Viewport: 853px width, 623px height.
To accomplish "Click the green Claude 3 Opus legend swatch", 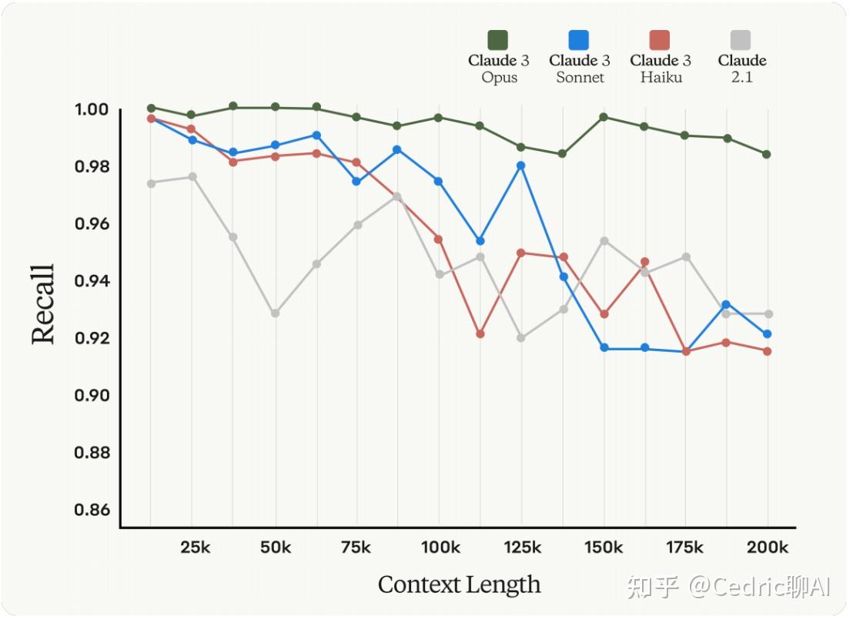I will [498, 40].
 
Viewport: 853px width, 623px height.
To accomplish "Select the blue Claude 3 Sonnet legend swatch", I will [579, 40].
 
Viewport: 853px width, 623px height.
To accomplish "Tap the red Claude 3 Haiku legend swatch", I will [660, 40].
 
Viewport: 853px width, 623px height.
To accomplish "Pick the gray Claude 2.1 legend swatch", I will [741, 40].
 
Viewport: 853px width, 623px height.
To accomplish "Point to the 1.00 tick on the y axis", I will [93, 110].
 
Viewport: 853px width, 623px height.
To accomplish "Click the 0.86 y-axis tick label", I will [93, 510].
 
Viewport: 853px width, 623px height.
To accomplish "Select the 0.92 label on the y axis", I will [93, 339].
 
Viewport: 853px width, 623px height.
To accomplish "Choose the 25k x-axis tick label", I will [195, 548].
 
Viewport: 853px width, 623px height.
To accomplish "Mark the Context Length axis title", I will [459, 584].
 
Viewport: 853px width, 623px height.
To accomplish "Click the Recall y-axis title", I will [43, 305].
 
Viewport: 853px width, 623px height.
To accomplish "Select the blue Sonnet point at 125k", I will [521, 166].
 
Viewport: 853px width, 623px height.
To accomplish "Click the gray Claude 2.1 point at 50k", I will [275, 313].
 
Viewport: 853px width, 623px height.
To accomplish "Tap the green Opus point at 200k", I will [767, 154].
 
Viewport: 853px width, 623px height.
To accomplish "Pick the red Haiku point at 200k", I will [767, 351].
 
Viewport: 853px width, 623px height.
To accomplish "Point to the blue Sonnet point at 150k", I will [604, 348].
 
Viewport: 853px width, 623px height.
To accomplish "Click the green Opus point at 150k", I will [604, 117].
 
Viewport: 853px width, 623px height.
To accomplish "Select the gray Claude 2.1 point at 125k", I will [521, 338].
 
